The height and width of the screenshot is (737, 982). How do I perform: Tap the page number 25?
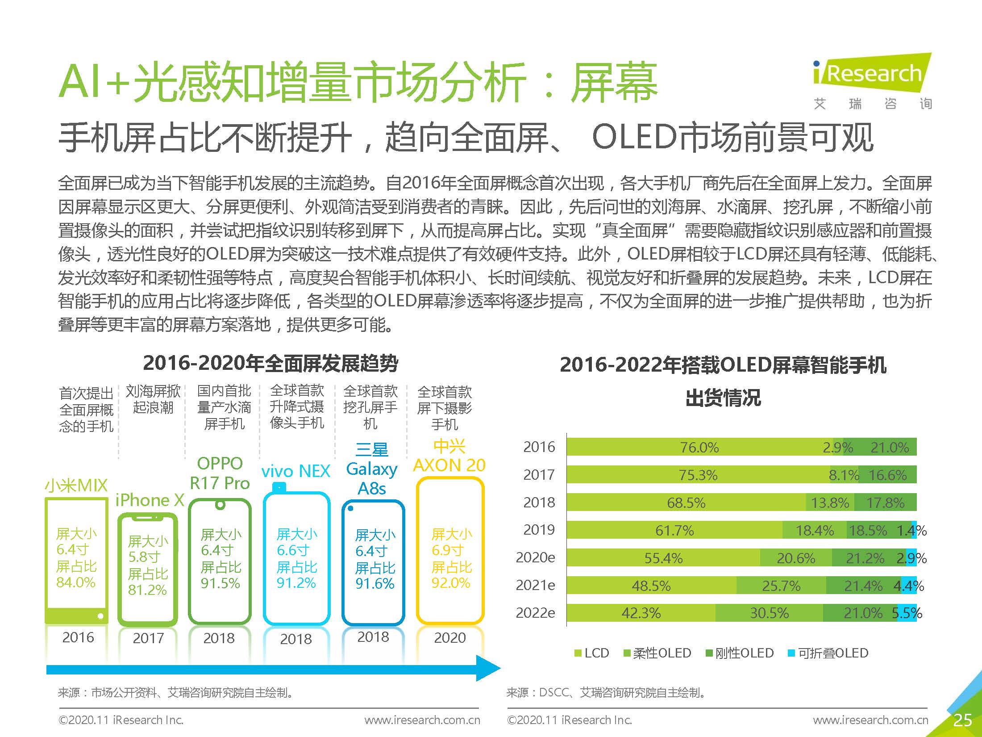962,720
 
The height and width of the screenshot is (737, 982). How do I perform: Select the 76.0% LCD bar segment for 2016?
699,447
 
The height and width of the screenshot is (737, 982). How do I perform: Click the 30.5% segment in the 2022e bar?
769,613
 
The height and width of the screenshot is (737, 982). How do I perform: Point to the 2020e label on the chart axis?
535,557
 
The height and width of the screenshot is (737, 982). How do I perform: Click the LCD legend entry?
592,653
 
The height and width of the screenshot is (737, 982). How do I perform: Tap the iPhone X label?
150,500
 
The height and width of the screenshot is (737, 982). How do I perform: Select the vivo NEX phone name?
295,471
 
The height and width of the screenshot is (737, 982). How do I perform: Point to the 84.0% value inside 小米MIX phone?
76,582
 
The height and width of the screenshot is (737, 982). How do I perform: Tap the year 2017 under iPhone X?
148,638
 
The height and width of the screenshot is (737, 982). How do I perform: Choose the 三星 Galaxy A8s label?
371,469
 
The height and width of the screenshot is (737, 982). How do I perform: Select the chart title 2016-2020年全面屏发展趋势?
270,363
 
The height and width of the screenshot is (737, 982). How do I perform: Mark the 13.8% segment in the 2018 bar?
830,502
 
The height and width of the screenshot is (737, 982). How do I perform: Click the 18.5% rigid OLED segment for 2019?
867,530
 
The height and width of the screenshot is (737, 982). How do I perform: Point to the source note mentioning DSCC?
606,693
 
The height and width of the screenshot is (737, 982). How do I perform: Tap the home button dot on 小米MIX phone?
100,616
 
